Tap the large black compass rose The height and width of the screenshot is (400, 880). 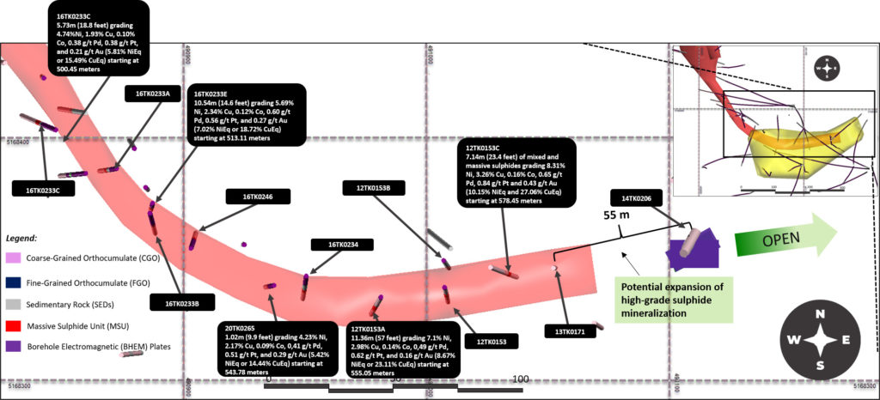822,341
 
